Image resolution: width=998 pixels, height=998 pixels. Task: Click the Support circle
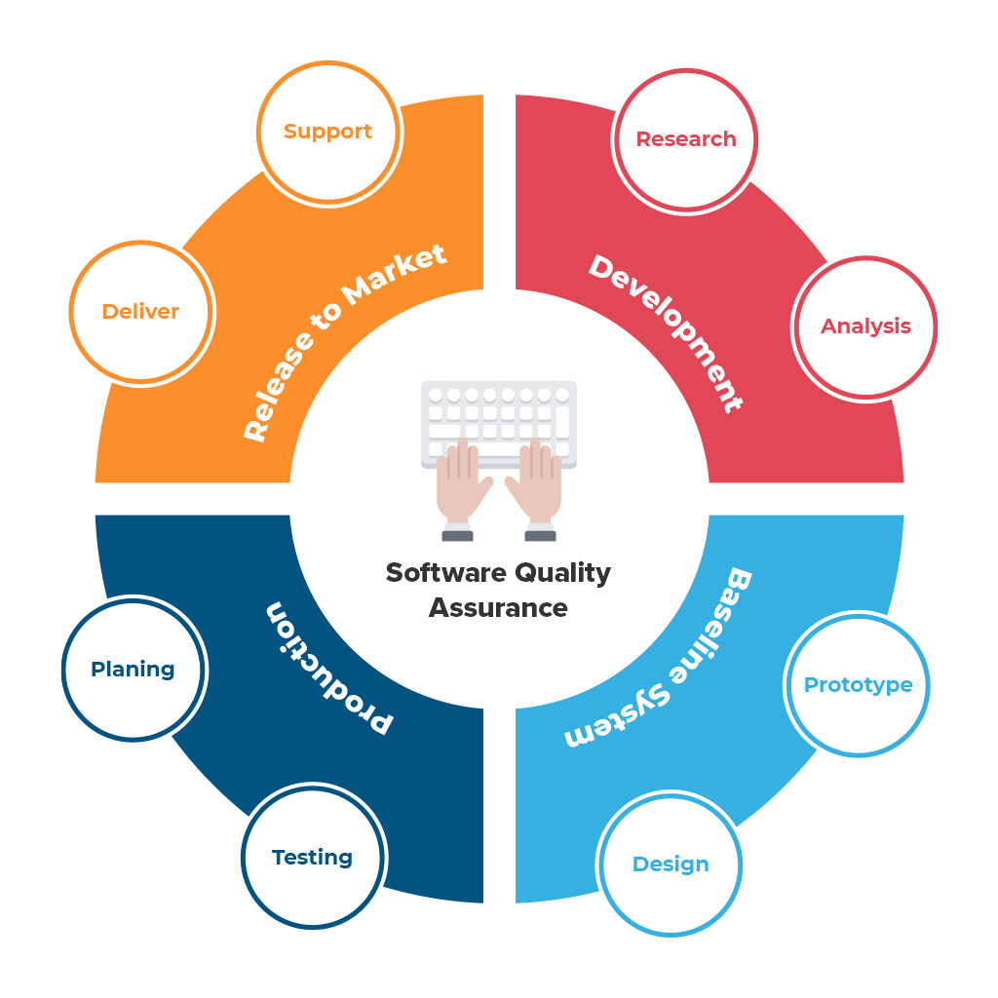[327, 133]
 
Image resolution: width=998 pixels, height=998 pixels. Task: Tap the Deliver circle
[141, 312]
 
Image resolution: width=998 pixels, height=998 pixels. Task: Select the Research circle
[686, 139]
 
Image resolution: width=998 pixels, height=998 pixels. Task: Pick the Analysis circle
[865, 326]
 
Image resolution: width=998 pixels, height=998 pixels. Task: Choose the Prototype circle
[858, 685]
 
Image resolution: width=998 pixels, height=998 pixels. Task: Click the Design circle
[671, 864]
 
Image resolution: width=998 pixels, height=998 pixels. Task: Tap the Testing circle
[312, 858]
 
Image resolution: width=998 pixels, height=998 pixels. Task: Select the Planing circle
[134, 670]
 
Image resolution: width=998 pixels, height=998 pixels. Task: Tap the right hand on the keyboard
[535, 482]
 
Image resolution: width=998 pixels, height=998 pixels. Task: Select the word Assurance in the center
[498, 607]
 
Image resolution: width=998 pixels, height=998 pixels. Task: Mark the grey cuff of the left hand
[457, 535]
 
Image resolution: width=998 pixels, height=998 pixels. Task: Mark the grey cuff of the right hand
[540, 535]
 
